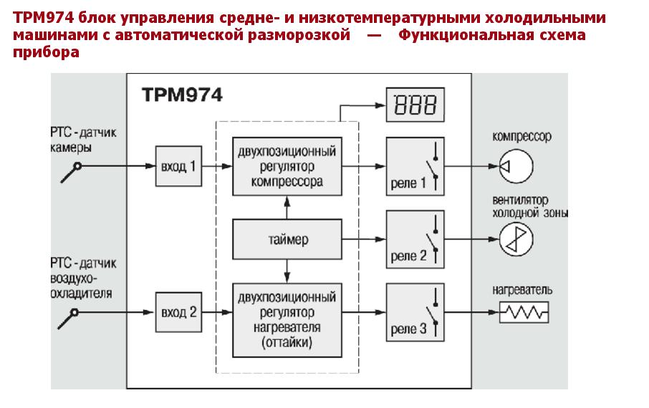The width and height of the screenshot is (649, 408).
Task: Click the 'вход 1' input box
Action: click(x=178, y=167)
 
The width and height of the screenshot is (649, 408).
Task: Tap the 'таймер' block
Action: click(x=287, y=239)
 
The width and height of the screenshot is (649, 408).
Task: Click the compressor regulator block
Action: click(x=287, y=167)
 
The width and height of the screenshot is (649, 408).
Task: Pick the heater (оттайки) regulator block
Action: click(x=287, y=321)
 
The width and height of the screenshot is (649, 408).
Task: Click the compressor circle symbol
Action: click(x=515, y=166)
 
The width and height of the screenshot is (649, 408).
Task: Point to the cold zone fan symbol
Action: click(x=515, y=239)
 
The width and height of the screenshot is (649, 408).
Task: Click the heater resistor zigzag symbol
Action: click(x=524, y=313)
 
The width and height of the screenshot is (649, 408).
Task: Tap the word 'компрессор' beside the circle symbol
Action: click(x=522, y=136)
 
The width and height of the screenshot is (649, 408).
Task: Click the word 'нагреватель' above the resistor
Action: click(x=522, y=291)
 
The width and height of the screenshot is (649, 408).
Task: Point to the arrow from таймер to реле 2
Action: click(x=362, y=239)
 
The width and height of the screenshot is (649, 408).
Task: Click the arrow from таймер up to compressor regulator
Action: click(x=287, y=208)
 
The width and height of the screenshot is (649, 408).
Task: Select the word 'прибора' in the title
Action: click(x=46, y=52)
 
